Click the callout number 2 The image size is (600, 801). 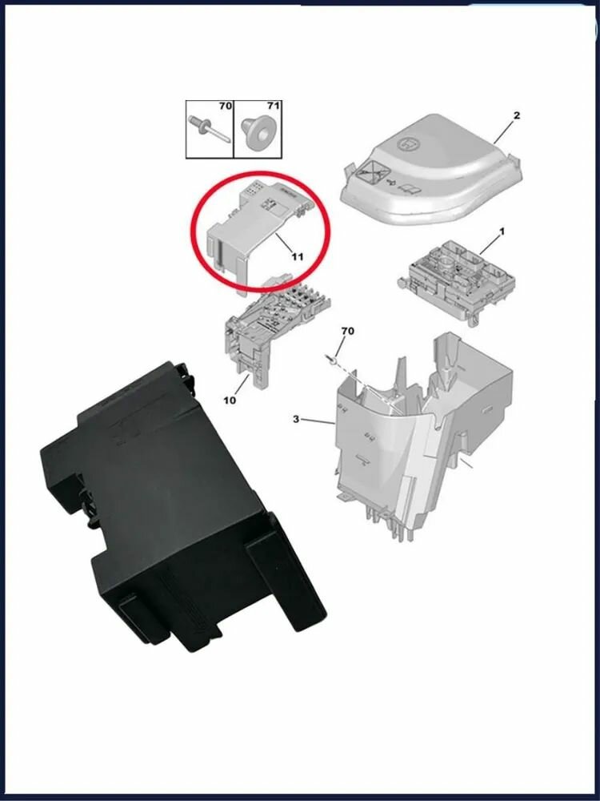516,115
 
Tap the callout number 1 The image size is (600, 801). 502,231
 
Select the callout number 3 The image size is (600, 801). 296,419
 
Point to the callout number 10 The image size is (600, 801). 230,400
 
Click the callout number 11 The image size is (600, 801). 298,256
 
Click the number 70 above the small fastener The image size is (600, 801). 347,330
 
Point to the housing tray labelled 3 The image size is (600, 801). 416,433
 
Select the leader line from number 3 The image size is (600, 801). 318,421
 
